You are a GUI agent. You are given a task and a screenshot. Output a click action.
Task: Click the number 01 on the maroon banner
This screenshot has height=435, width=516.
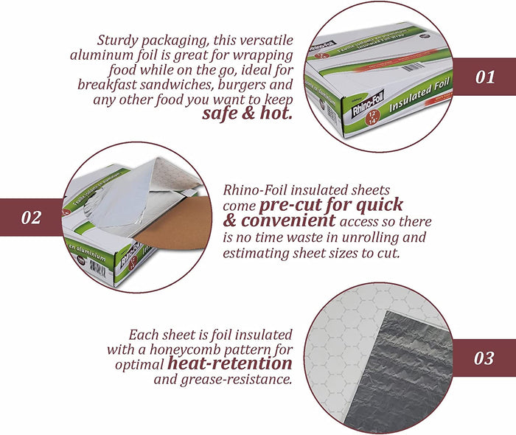coord(485,77)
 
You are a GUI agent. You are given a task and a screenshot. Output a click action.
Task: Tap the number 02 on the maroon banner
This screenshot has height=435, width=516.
coord(30,217)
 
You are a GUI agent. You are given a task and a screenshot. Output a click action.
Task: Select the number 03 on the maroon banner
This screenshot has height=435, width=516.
coord(484,359)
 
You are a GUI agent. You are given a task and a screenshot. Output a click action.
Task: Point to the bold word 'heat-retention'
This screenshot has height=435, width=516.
coord(229,363)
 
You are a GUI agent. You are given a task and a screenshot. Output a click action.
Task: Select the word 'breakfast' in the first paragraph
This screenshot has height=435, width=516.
coord(105,84)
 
